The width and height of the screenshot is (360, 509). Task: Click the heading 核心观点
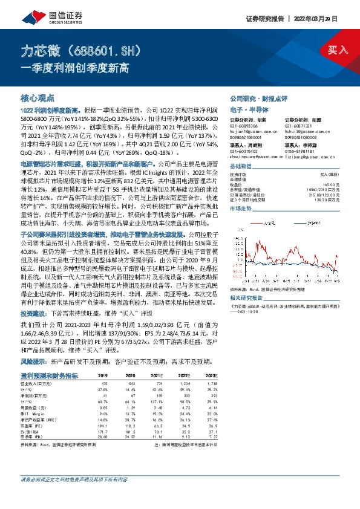38,96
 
